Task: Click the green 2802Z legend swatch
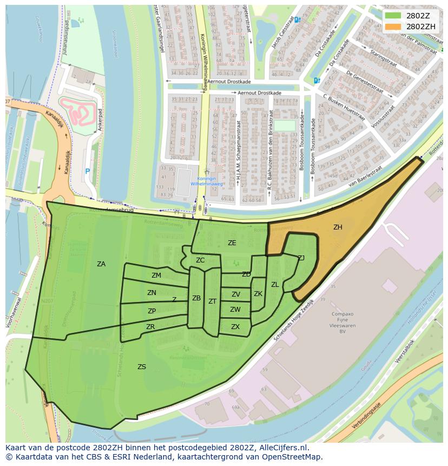tap(393, 16)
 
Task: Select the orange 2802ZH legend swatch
tap(393, 26)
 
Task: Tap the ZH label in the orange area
tap(338, 227)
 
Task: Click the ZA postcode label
tap(101, 264)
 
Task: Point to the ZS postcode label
tap(142, 367)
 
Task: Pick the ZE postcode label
tap(232, 243)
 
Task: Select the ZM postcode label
tap(156, 275)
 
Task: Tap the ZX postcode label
tap(235, 327)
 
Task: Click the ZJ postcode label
tap(301, 258)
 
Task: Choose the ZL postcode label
tap(275, 285)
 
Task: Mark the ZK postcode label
tap(258, 294)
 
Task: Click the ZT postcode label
tap(212, 301)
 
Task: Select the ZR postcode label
tap(150, 327)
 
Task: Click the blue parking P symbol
tap(87, 172)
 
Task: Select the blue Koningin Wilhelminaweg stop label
tap(206, 181)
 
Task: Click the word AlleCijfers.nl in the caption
tap(283, 448)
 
